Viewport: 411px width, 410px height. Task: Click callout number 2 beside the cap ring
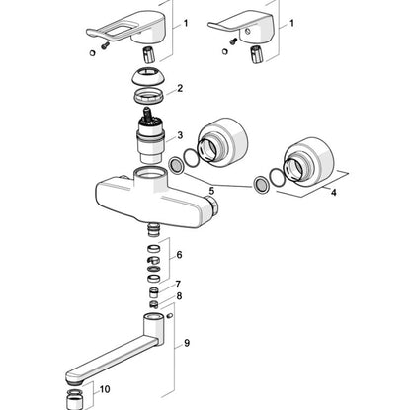coord(180,88)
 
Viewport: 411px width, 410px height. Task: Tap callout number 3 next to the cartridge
coord(180,135)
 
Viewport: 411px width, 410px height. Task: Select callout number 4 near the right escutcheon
coord(333,192)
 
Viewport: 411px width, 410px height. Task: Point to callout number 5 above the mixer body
coord(211,191)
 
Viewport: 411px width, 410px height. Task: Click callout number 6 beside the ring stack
coord(179,255)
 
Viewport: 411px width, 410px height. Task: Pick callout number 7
coord(178,284)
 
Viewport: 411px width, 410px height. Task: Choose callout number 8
coord(179,296)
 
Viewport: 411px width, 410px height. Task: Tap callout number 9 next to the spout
coord(187,343)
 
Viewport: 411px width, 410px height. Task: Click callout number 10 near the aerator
coord(105,389)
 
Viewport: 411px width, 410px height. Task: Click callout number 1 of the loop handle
coord(186,23)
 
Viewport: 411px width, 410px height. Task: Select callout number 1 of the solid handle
coord(291,23)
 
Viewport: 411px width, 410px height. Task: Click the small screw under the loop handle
coord(105,45)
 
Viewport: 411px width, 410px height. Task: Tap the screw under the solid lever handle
coord(233,41)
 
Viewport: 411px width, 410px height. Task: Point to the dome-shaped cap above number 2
coord(148,76)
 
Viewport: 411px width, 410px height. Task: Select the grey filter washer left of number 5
coord(176,165)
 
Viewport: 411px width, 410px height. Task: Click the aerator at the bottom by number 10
coord(73,399)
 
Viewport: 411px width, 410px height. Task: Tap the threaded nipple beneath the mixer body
coord(152,229)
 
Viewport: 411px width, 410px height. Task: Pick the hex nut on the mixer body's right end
coord(211,205)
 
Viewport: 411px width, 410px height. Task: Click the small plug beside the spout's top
coord(170,316)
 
